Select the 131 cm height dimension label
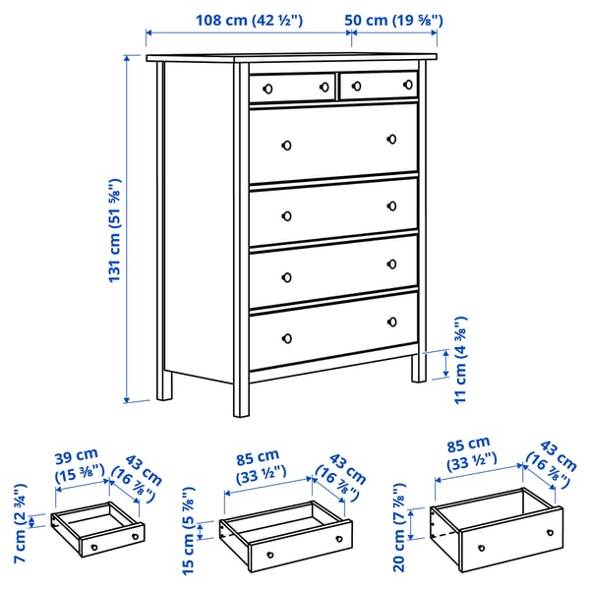pos(114,231)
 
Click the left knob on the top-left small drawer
pos(265,88)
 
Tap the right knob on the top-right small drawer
pos(404,88)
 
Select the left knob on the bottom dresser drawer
pos(287,338)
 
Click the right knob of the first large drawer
pos(390,139)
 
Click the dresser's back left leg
pos(164,385)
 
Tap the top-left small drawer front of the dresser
pos(292,87)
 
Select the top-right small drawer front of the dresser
pos(378,87)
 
